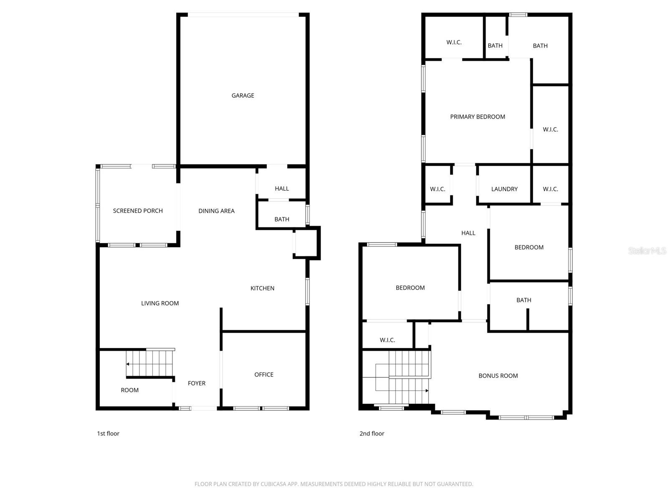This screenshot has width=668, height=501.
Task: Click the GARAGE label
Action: pos(243,96)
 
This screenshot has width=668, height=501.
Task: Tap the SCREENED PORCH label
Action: pos(137,211)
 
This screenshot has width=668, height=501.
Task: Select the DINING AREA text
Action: pos(216,211)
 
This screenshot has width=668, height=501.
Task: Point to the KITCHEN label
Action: pos(262,288)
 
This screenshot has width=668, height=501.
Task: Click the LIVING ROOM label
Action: pos(160,303)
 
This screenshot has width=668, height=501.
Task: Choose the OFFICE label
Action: pos(263,374)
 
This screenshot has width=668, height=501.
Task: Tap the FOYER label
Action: pos(196,383)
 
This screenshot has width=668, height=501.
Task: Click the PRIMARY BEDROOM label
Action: pos(478,117)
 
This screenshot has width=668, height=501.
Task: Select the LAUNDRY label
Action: pos(504,189)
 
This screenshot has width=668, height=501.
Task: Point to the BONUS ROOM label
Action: pos(498,376)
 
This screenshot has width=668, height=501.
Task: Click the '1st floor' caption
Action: pos(108,433)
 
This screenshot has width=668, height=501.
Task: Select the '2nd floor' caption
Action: pos(372,433)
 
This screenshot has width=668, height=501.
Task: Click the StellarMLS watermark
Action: pos(647,250)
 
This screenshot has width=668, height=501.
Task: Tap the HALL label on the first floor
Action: pos(282,189)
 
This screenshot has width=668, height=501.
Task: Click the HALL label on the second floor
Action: pos(468,233)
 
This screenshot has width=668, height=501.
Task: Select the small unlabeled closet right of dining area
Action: pos(306,243)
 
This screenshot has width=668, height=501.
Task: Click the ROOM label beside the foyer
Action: pos(130,390)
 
